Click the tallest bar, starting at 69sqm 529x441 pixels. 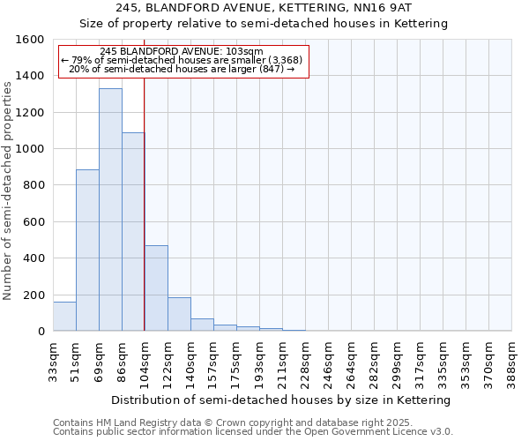coord(110,210)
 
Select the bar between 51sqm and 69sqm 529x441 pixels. coord(87,250)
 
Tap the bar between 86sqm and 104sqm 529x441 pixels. coord(133,232)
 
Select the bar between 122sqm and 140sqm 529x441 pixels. coord(179,315)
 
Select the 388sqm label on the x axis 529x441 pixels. coord(511,361)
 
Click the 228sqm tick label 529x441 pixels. coord(305,361)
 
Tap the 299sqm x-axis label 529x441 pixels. coord(397,361)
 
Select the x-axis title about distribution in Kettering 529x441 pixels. coord(282,400)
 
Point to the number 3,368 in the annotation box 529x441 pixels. coord(285,60)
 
